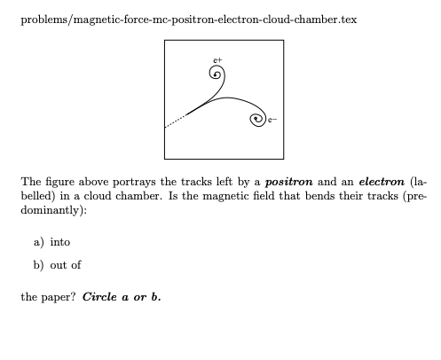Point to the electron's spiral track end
click(257, 117)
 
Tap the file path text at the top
click(188, 20)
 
